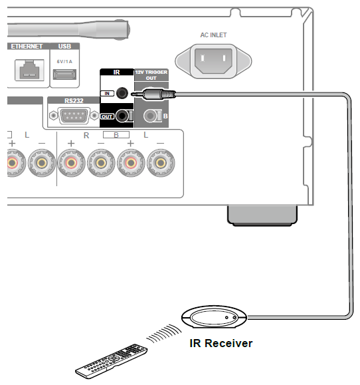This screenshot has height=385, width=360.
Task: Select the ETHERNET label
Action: [x=26, y=46]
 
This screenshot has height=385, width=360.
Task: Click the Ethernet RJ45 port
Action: [x=27, y=70]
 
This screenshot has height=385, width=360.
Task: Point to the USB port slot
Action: [x=64, y=74]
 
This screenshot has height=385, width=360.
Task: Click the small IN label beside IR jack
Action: [x=108, y=94]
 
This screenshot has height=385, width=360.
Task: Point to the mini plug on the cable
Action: [x=153, y=95]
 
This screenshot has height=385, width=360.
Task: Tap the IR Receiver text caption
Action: [x=219, y=344]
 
